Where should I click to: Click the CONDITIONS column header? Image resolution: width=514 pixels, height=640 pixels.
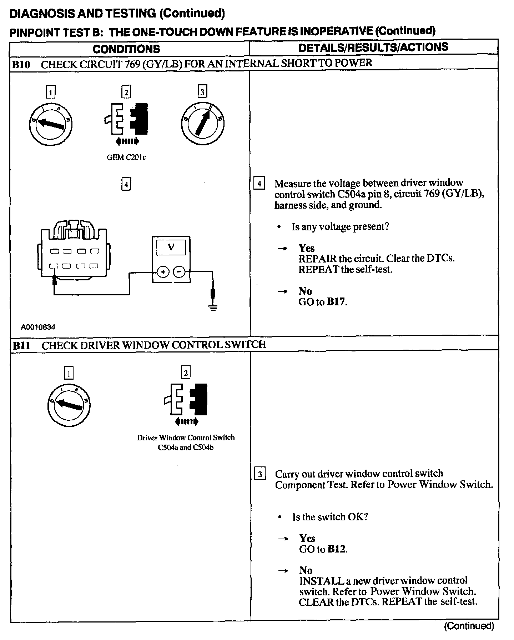pyautogui.click(x=126, y=49)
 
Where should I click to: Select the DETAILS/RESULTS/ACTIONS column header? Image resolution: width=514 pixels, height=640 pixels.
pyautogui.click(x=373, y=47)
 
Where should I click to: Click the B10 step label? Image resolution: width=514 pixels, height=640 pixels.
pyautogui.click(x=21, y=65)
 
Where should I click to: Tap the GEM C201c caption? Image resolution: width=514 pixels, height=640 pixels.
pyautogui.click(x=126, y=157)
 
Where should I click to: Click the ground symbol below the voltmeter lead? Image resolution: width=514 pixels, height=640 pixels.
pyautogui.click(x=213, y=308)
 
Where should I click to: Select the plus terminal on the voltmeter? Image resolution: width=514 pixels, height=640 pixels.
pyautogui.click(x=163, y=272)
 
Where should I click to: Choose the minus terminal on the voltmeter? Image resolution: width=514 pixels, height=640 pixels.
pyautogui.click(x=179, y=272)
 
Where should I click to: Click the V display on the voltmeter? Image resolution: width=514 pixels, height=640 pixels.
pyautogui.click(x=171, y=247)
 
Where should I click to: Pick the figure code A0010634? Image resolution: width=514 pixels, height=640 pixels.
pyautogui.click(x=38, y=327)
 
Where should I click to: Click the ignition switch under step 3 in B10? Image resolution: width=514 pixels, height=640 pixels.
pyautogui.click(x=202, y=124)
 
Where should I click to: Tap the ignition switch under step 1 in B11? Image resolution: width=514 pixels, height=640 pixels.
pyautogui.click(x=69, y=405)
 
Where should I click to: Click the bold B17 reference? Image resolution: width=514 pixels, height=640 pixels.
pyautogui.click(x=336, y=302)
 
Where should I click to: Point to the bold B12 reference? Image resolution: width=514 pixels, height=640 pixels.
pyautogui.click(x=337, y=549)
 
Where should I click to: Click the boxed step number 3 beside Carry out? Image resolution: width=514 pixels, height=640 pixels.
pyautogui.click(x=260, y=474)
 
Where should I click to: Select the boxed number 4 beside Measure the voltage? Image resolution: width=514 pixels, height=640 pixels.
pyautogui.click(x=259, y=184)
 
